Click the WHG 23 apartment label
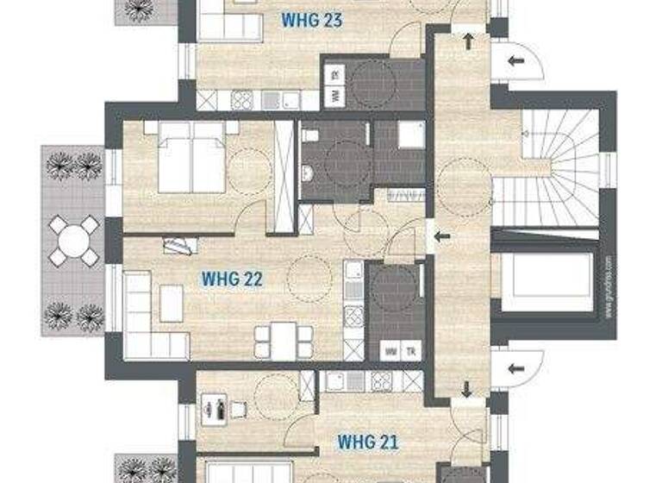pyautogui.click(x=311, y=21)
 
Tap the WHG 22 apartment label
pyautogui.click(x=231, y=279)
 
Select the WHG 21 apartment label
pyautogui.click(x=367, y=442)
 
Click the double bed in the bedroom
pyautogui.click(x=191, y=158)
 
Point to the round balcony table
pyautogui.click(x=73, y=240)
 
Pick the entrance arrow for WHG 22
pyautogui.click(x=441, y=236)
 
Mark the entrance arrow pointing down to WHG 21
pyautogui.click(x=466, y=390)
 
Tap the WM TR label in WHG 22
pyautogui.click(x=401, y=352)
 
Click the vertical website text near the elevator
pyautogui.click(x=608, y=285)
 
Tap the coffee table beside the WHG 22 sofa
pyautogui.click(x=172, y=303)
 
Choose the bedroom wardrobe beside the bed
pyautogui.click(x=283, y=176)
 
